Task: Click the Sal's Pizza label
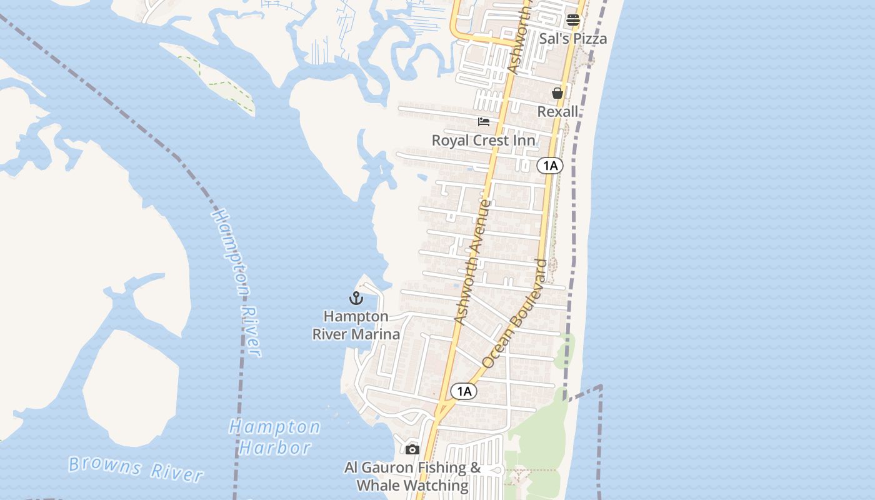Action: (572, 39)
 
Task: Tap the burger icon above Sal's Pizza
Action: (573, 20)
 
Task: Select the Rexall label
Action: (557, 112)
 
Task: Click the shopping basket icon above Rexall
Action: (557, 93)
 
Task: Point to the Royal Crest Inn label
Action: (483, 140)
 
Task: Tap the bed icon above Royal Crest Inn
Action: (484, 121)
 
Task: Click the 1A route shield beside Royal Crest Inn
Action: (549, 166)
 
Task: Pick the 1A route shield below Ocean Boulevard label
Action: (463, 391)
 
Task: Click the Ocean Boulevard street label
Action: (515, 313)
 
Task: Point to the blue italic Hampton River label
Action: (237, 282)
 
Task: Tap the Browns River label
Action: (136, 469)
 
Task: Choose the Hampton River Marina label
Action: (356, 325)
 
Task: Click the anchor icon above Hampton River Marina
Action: (356, 298)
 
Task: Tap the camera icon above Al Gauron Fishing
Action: (412, 449)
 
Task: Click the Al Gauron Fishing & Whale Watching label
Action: (412, 476)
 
